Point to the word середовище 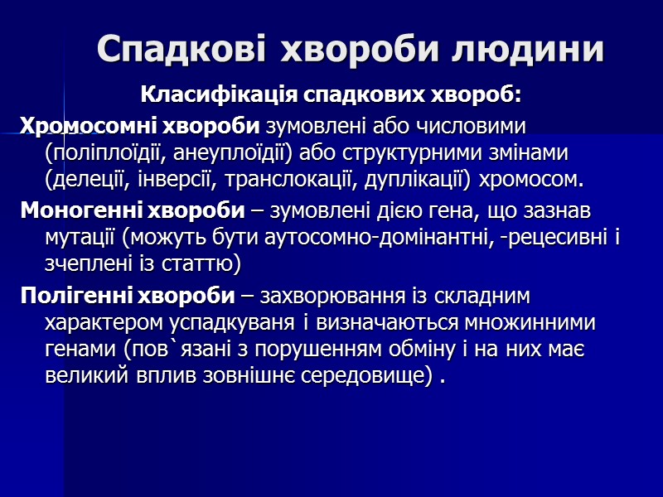(x=370, y=375)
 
